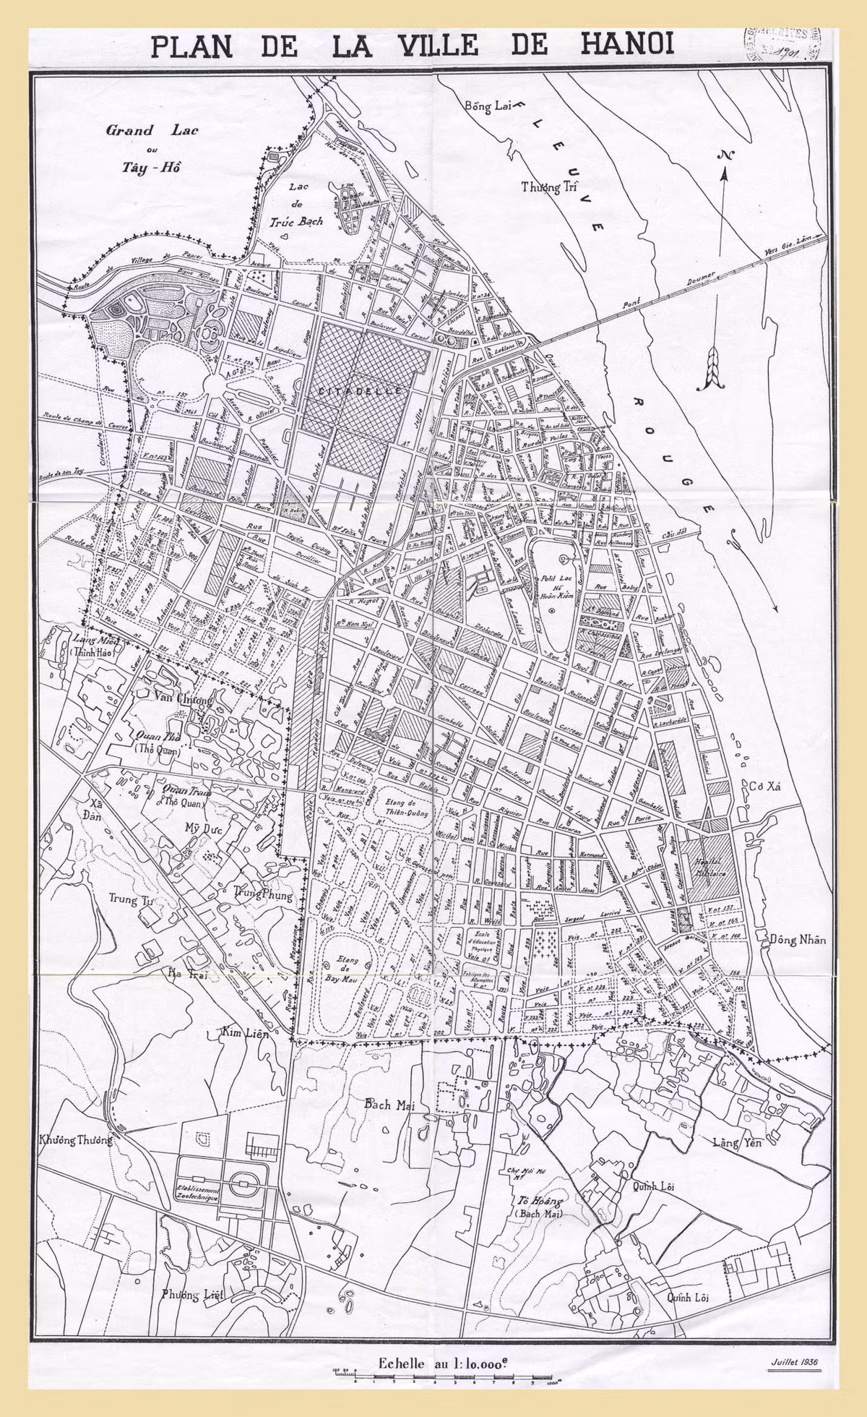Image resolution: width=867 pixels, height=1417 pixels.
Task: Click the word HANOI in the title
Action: (627, 45)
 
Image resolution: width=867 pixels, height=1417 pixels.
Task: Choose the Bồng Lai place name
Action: (488, 106)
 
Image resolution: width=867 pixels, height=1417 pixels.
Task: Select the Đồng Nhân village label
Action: (797, 940)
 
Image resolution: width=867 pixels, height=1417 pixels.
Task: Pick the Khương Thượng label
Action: (75, 1140)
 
